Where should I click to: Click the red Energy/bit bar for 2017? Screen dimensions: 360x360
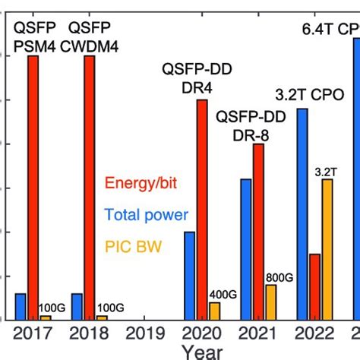[x=33, y=187]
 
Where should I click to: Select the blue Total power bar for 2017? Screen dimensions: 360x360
[x=21, y=306]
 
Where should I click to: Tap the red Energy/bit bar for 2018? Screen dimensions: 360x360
[x=89, y=187]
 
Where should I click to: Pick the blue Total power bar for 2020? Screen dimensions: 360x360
[x=190, y=275]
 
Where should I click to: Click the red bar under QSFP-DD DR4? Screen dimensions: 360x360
[x=202, y=209]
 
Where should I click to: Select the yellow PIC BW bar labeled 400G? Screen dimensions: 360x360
[x=214, y=311]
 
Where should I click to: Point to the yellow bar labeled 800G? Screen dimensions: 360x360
[x=270, y=302]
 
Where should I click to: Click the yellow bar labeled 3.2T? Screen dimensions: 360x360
[x=327, y=249]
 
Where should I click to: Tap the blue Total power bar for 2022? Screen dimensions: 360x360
[x=302, y=213]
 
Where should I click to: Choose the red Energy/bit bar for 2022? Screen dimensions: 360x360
[x=314, y=286]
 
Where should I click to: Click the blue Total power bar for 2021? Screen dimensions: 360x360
[x=246, y=249]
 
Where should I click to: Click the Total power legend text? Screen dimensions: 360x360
[x=147, y=215]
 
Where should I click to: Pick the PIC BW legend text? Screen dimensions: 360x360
[x=133, y=247]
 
